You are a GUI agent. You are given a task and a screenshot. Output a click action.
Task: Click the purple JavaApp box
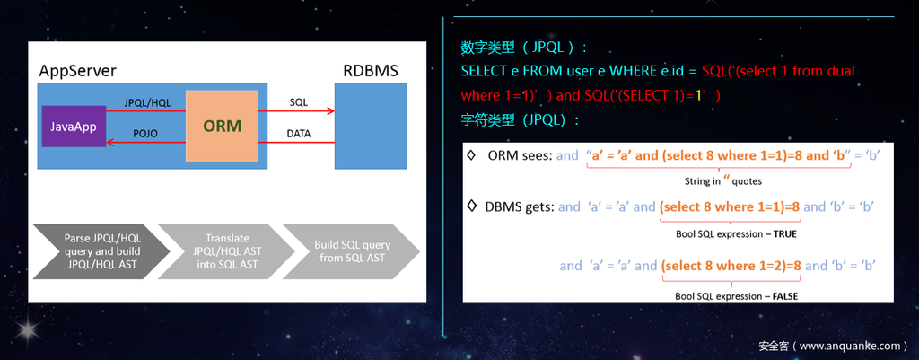(74, 127)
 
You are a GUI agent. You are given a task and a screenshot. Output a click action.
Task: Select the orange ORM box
(221, 126)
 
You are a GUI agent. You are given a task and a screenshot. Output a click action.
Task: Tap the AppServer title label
(77, 71)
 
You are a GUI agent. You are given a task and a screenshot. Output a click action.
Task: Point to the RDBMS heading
(370, 70)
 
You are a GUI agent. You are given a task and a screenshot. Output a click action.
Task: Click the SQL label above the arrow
(299, 102)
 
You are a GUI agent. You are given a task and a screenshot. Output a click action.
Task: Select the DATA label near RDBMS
(299, 133)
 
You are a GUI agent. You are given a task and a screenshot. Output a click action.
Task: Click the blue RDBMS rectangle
(371, 126)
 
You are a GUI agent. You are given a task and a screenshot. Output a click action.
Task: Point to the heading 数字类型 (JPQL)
(523, 47)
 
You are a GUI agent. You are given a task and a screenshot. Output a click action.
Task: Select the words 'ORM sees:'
(520, 155)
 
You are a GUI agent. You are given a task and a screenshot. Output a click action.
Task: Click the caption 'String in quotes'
(722, 181)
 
